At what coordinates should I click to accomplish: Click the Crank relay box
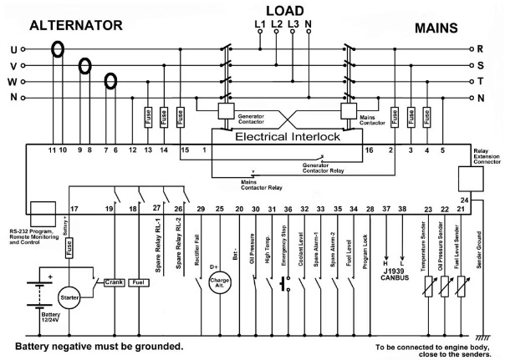(x=115, y=282)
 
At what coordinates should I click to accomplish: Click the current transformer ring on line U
(x=58, y=48)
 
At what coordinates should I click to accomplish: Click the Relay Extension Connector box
(x=473, y=178)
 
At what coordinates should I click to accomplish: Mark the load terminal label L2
(x=276, y=24)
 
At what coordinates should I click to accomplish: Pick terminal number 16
(x=369, y=150)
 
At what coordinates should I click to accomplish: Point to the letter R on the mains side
(x=492, y=50)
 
